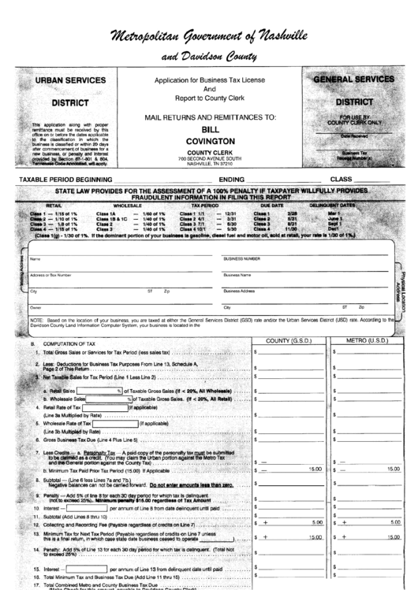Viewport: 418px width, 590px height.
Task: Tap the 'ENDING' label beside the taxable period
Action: [x=234, y=180]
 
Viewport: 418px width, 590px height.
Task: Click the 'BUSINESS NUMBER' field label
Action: [x=242, y=258]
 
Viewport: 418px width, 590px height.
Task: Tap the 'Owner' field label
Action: [x=35, y=307]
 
